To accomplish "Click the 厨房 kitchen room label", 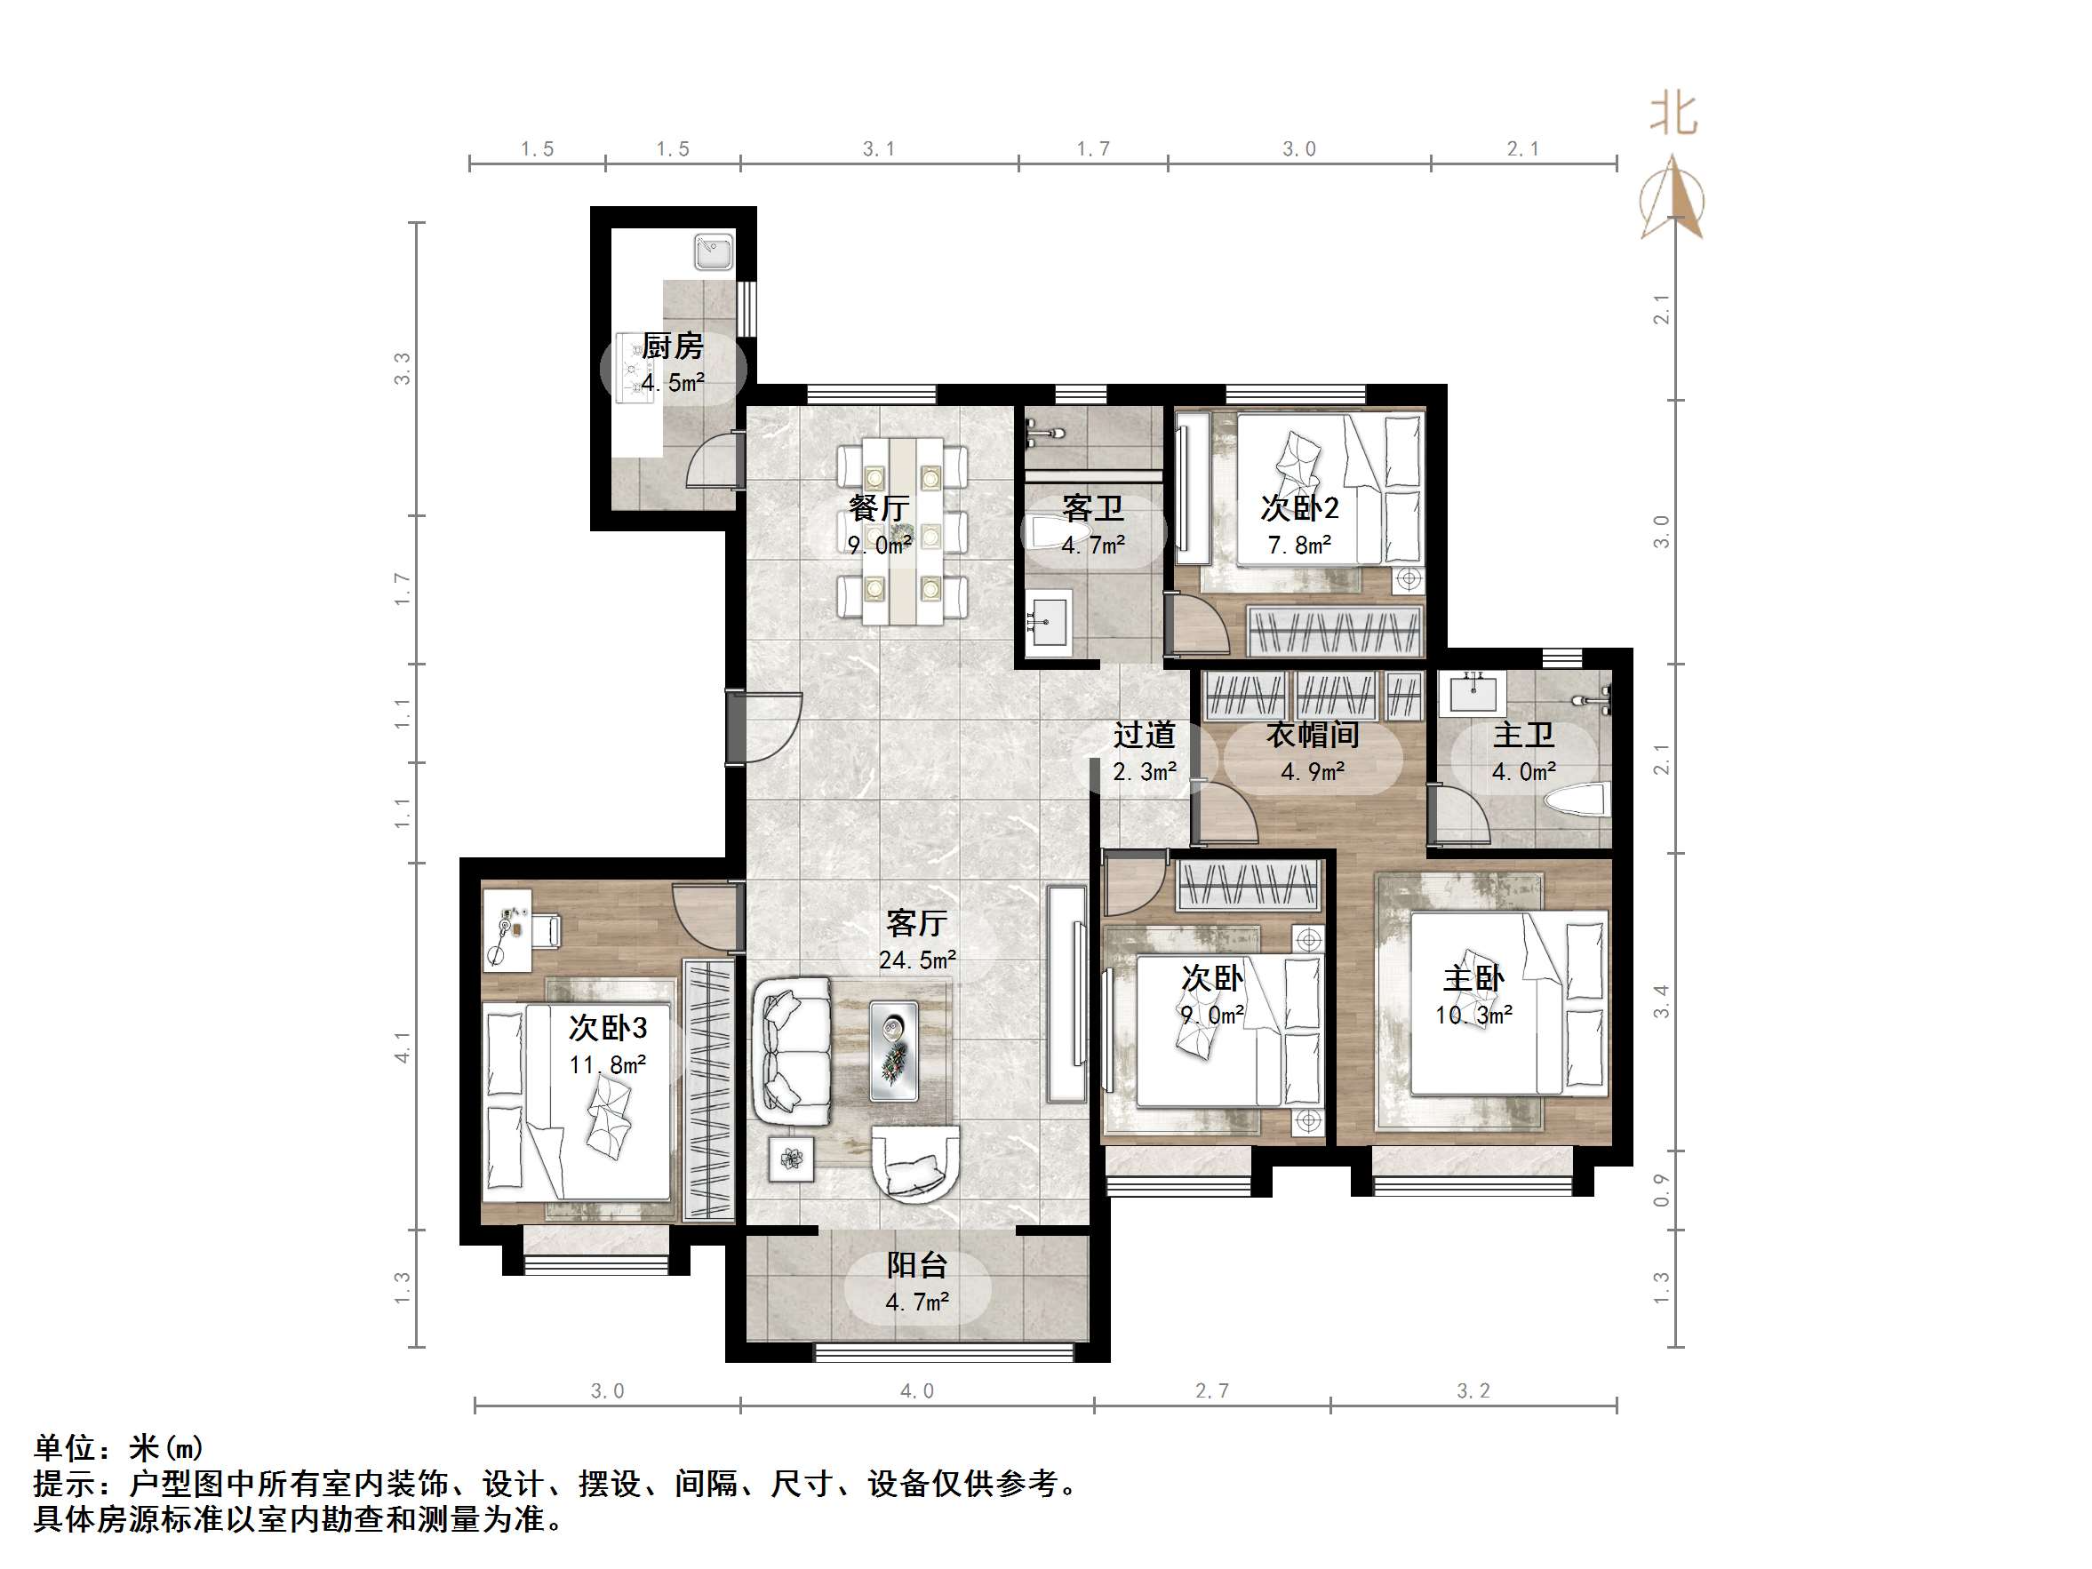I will click(x=673, y=346).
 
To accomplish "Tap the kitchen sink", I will click(x=713, y=253).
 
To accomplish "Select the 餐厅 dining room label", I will click(x=879, y=508).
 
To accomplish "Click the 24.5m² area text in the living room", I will click(x=916, y=960).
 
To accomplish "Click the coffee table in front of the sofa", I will click(x=893, y=1050).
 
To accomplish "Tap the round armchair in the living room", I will click(x=914, y=1164).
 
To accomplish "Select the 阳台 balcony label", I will click(x=916, y=1265).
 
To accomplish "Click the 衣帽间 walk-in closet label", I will click(x=1313, y=735).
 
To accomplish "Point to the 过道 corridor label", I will click(x=1145, y=735).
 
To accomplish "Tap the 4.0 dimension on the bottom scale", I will click(x=916, y=1391).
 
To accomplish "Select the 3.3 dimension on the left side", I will click(x=403, y=369).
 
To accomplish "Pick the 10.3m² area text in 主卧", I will click(x=1473, y=1015).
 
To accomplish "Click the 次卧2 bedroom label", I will click(x=1299, y=508).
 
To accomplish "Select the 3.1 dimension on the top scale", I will click(x=879, y=148).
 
